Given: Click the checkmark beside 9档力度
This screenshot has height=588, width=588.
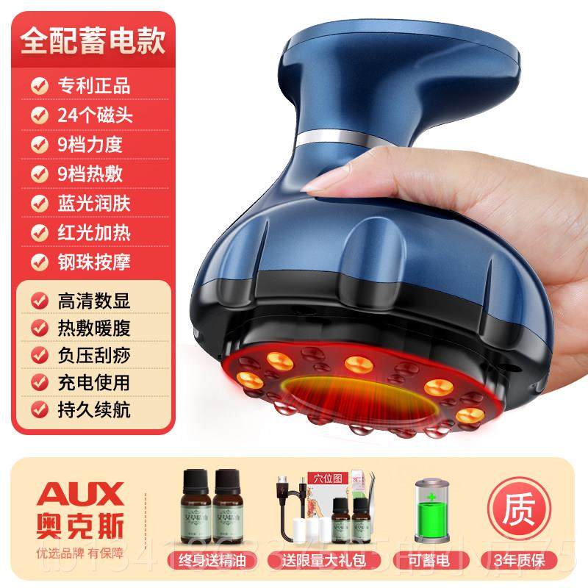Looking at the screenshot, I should click(x=35, y=143).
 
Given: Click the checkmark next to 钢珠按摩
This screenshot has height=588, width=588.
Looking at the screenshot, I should click(x=35, y=260).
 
